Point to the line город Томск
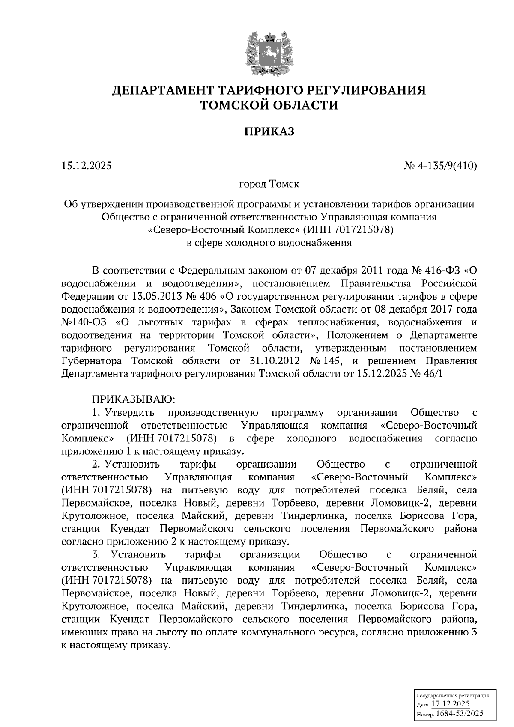pos(269,185)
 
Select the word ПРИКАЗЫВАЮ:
pos(133,399)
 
